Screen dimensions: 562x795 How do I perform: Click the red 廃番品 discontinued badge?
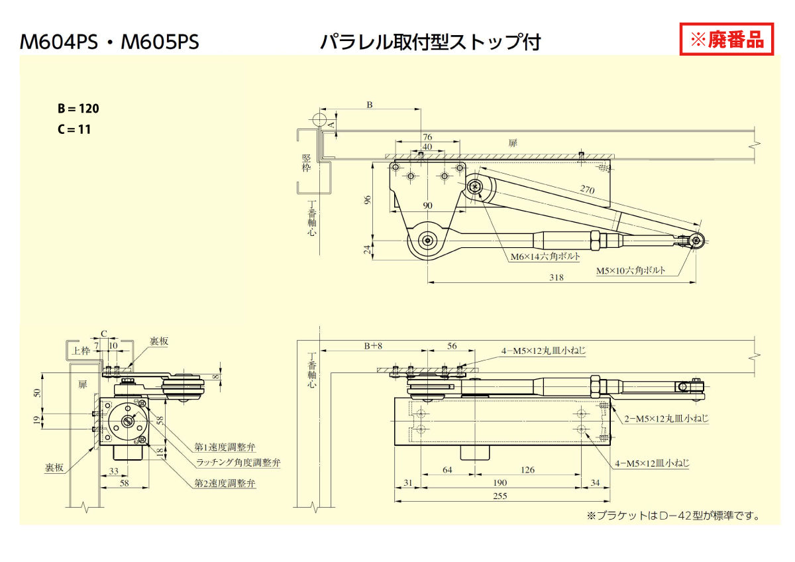(727, 40)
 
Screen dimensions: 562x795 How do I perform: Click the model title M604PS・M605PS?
(109, 42)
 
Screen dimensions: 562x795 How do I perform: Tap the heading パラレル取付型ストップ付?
(431, 42)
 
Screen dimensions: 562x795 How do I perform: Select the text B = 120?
(78, 109)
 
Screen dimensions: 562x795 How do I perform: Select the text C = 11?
(74, 129)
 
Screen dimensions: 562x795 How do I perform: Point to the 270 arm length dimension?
(586, 189)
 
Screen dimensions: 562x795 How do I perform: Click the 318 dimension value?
(556, 277)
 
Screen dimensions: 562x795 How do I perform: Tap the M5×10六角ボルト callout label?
(630, 270)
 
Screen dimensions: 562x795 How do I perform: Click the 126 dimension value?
(527, 470)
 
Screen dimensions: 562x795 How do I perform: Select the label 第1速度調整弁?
(225, 447)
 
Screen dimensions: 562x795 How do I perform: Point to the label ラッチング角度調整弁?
(238, 463)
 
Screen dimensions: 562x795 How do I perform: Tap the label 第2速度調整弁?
(225, 483)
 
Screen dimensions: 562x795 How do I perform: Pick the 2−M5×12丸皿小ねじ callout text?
(666, 418)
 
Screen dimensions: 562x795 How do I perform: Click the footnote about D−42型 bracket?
(672, 515)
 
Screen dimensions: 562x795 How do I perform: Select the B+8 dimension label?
(373, 345)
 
